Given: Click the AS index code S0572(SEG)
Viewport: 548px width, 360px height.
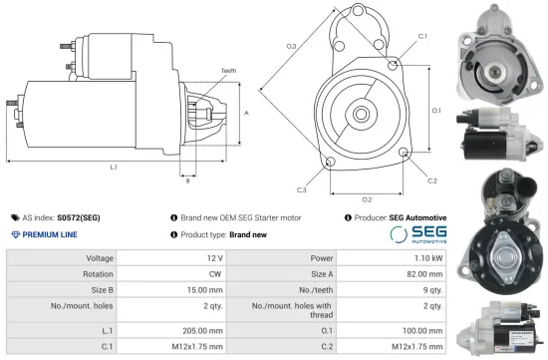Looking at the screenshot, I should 79,216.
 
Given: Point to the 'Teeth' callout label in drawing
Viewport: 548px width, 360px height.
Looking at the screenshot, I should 228,71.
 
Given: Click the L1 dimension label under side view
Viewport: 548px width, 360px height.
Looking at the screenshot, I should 114,166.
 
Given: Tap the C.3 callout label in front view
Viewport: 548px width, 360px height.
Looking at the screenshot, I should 301,188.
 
